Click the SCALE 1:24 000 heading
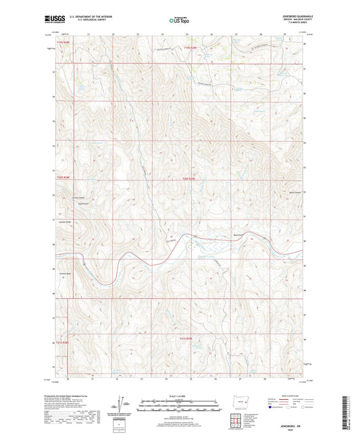(179, 396)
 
